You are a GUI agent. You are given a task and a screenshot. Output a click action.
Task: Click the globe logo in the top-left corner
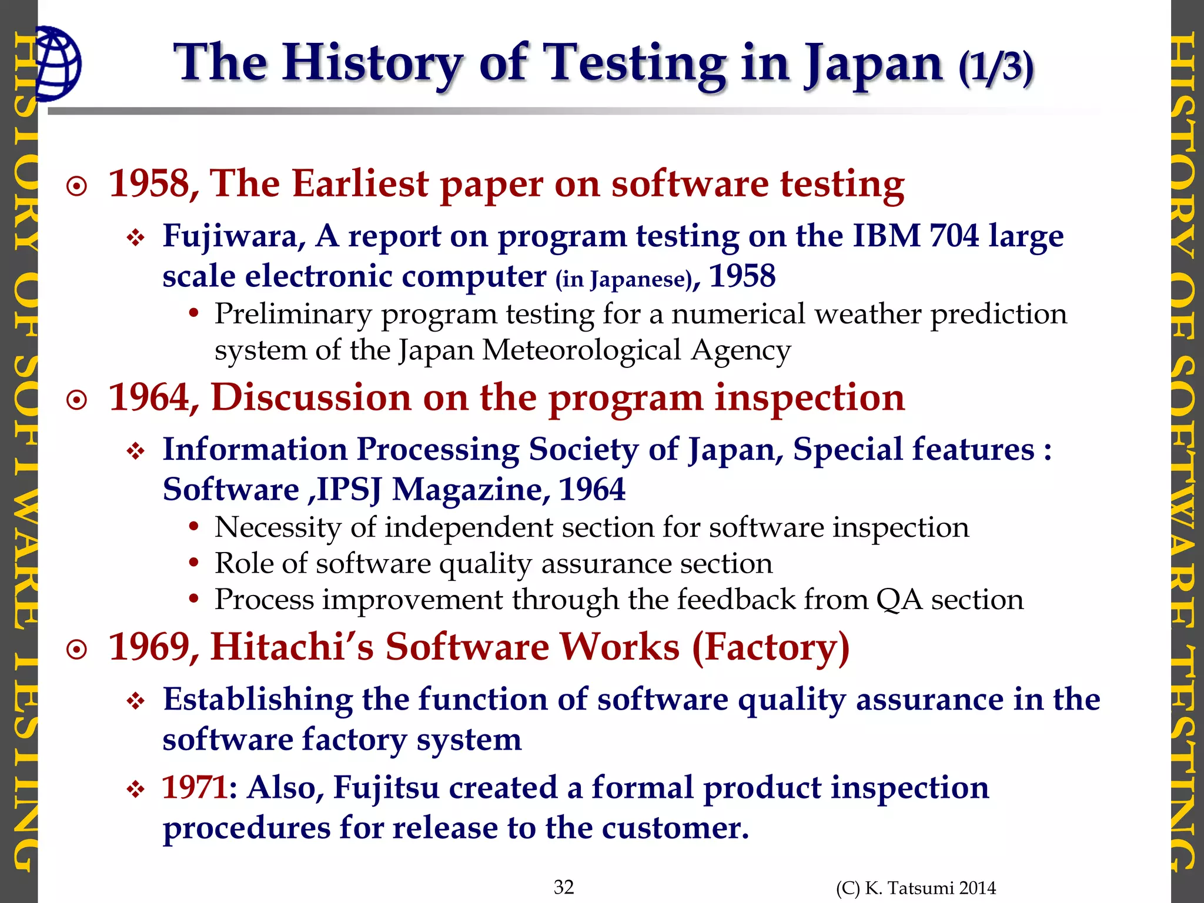pyautogui.click(x=58, y=63)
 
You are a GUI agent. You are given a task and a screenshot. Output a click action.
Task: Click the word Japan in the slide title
pyautogui.click(x=874, y=65)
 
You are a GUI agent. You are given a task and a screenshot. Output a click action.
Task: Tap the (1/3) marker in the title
pyautogui.click(x=995, y=67)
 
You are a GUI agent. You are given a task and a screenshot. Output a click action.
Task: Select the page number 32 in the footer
pyautogui.click(x=564, y=887)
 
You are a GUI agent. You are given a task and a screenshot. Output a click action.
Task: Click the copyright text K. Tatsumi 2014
pyautogui.click(x=916, y=888)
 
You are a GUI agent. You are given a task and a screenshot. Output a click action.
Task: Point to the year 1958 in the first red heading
pyautogui.click(x=149, y=184)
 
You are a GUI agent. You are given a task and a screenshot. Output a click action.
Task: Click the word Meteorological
pyautogui.click(x=581, y=351)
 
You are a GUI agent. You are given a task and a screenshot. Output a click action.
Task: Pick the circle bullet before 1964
pyautogui.click(x=77, y=401)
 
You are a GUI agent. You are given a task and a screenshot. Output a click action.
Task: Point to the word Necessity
pyautogui.click(x=277, y=527)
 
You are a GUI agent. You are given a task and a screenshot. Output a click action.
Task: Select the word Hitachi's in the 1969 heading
pyautogui.click(x=292, y=648)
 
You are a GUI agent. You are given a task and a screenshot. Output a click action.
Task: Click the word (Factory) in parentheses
pyautogui.click(x=771, y=648)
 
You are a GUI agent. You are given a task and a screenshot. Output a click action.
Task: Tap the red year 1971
pyautogui.click(x=195, y=788)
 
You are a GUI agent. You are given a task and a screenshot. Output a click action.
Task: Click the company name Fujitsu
pyautogui.click(x=386, y=788)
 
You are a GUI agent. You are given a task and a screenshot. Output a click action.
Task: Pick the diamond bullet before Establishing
pyautogui.click(x=136, y=701)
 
